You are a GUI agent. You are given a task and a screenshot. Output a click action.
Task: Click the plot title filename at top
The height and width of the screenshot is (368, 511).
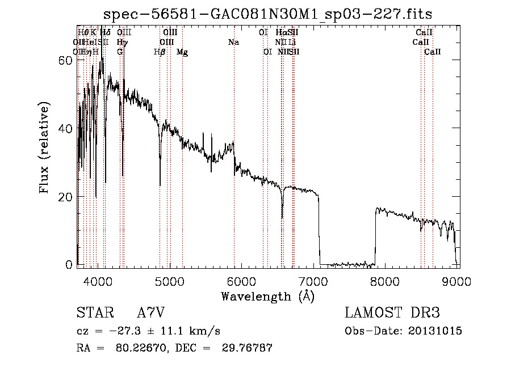click(x=269, y=14)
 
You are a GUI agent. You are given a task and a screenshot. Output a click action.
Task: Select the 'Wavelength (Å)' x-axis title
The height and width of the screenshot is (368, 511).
click(x=267, y=296)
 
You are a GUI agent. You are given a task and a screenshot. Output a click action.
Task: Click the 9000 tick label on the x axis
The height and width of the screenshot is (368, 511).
click(x=458, y=281)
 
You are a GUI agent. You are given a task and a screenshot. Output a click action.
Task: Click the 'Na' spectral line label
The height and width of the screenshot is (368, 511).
click(x=233, y=42)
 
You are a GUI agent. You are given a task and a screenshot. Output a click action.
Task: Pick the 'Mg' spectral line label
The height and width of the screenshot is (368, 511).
click(x=182, y=52)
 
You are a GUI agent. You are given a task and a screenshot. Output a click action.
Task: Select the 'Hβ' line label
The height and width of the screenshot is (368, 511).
click(x=160, y=52)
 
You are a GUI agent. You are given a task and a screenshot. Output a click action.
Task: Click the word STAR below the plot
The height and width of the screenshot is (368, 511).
click(x=94, y=313)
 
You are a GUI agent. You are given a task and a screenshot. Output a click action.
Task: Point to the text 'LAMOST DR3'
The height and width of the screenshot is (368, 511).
click(x=392, y=313)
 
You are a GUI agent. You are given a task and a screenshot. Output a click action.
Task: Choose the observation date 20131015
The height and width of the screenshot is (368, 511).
click(x=436, y=331)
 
